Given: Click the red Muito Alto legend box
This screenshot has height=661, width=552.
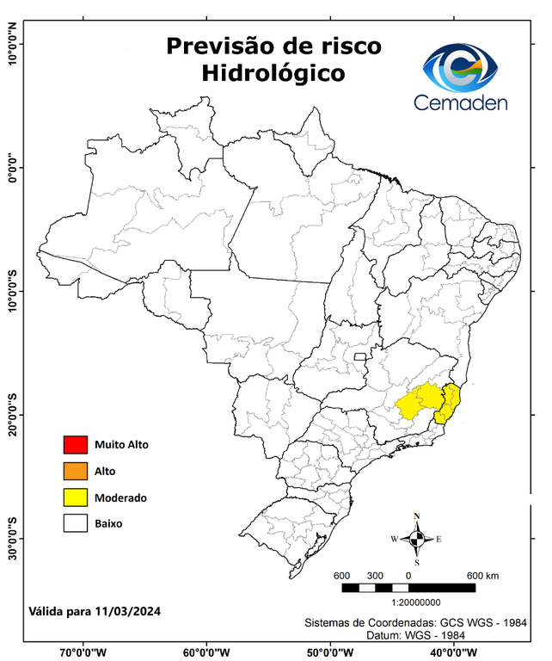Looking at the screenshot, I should click(75, 445).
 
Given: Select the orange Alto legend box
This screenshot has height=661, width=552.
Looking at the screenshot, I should click(75, 471).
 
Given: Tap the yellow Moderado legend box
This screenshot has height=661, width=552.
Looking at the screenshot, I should click(75, 497).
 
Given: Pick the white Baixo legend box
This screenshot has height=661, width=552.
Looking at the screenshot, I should click(75, 523).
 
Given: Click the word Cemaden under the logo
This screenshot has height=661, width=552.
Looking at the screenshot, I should click(461, 102).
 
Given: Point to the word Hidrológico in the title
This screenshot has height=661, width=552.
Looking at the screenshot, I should click(273, 74).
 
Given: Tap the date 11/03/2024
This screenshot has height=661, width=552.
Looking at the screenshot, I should click(128, 611).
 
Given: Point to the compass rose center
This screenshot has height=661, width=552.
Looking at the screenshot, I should click(417, 539).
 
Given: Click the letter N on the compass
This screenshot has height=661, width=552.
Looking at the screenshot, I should click(417, 516).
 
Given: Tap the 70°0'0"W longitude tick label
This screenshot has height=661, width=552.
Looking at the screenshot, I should click(83, 652).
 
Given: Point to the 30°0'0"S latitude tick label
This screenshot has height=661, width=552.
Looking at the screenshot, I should click(12, 538).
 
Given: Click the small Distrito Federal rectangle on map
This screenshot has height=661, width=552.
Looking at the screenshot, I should click(359, 355).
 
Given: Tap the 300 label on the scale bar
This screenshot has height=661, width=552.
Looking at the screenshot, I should click(375, 575).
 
